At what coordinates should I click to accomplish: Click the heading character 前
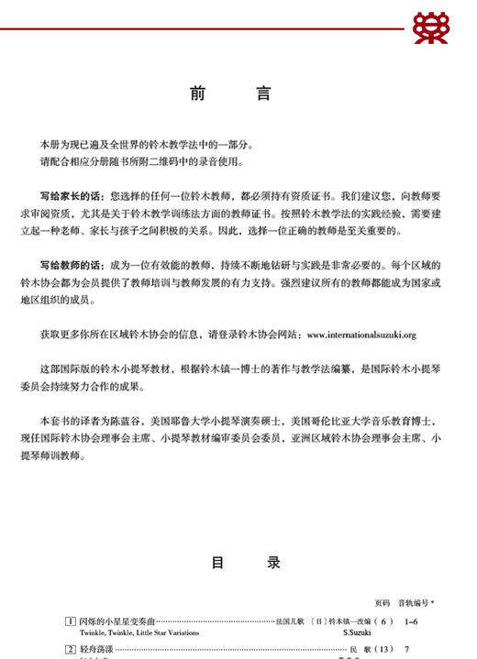pyautogui.click(x=199, y=93)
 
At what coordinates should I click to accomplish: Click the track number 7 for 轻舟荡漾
pyautogui.click(x=406, y=650)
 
